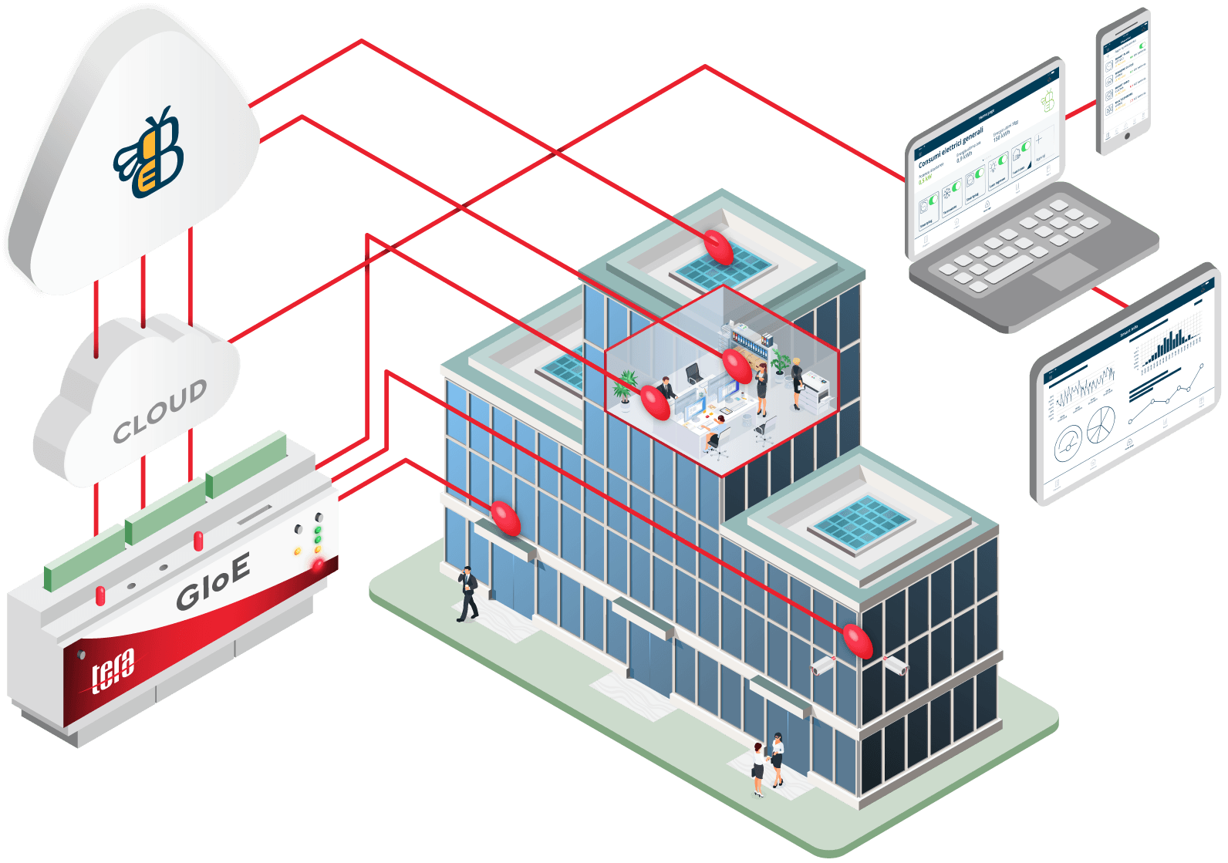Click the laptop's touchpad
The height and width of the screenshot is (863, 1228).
[1064, 270]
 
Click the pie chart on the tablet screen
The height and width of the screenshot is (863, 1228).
[1101, 424]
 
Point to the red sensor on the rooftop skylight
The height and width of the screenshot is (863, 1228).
[718, 246]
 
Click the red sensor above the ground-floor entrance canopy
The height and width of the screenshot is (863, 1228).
[506, 517]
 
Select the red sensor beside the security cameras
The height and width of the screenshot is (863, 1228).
[857, 640]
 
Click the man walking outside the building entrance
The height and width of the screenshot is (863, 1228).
[467, 593]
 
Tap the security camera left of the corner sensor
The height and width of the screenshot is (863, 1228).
[822, 666]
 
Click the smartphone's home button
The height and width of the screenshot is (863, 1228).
[1127, 137]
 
